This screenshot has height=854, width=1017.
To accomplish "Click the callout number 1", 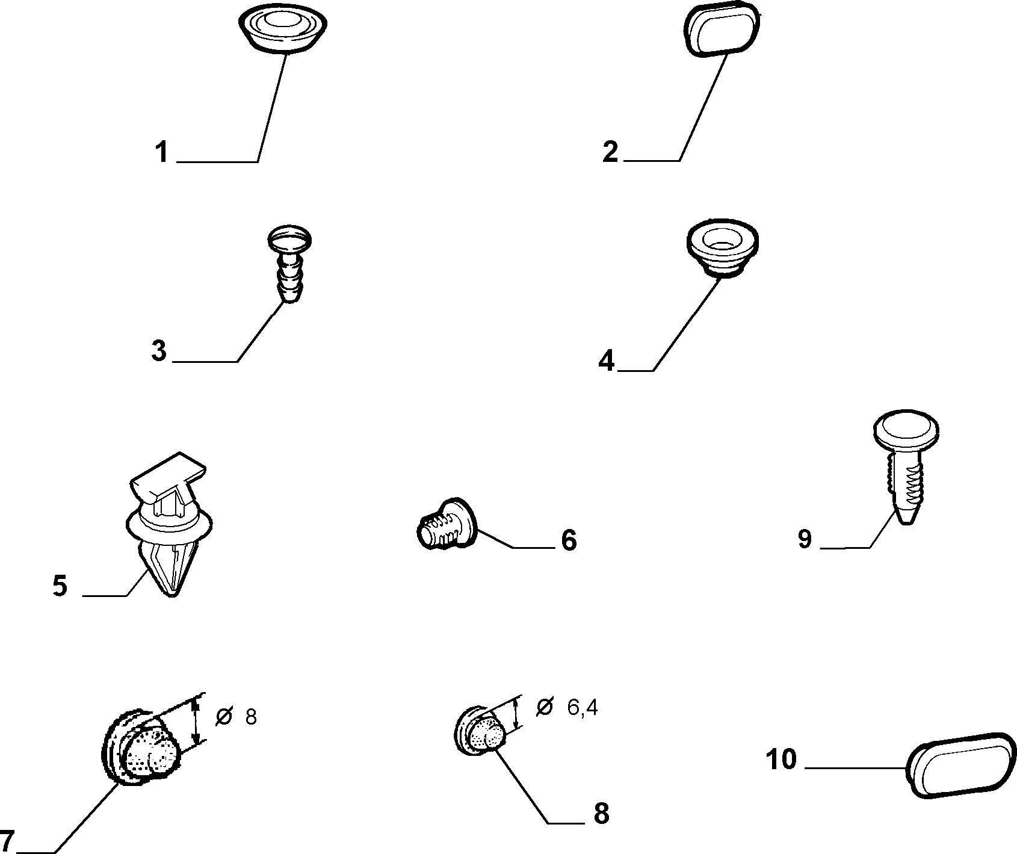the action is click(161, 152).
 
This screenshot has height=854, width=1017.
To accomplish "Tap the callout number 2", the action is click(610, 152).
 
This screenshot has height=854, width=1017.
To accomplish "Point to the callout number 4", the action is click(607, 361).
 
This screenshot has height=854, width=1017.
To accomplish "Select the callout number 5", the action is click(60, 586).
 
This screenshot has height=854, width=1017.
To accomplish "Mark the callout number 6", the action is click(569, 540).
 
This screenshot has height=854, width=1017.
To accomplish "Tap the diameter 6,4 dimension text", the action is click(566, 707).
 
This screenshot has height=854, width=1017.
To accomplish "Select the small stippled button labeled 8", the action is click(480, 730).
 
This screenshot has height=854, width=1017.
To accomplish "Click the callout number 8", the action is click(601, 813).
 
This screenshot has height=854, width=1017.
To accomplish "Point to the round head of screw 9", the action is click(906, 429).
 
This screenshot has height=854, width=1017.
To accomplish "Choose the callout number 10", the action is click(782, 760).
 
